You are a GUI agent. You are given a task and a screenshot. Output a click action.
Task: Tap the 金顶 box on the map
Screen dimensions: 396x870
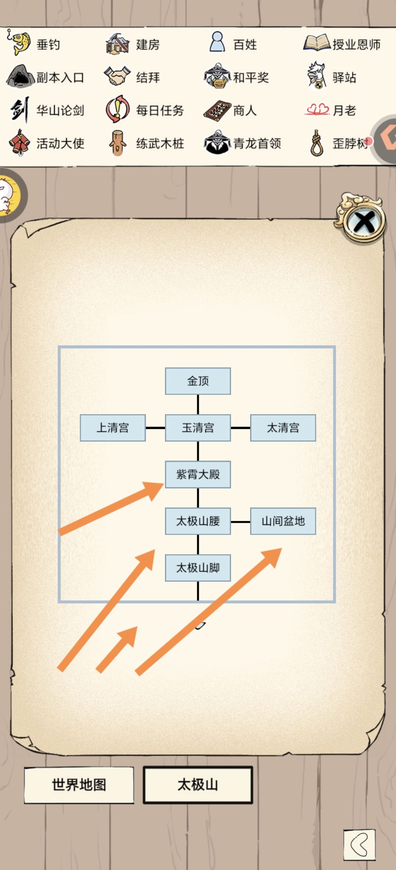pyautogui.click(x=198, y=381)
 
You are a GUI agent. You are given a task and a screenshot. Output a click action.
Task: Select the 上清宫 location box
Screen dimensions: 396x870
pyautogui.click(x=113, y=428)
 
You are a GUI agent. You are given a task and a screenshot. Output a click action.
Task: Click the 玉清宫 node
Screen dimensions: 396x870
pyautogui.click(x=198, y=428)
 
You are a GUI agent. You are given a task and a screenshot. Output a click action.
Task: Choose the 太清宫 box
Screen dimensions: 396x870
pyautogui.click(x=283, y=428)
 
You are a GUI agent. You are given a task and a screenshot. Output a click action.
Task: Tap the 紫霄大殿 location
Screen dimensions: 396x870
pyautogui.click(x=198, y=475)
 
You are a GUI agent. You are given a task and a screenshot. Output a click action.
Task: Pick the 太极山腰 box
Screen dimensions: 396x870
pyautogui.click(x=198, y=521)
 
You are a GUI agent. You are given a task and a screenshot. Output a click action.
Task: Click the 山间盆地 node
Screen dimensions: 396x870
pyautogui.click(x=283, y=521)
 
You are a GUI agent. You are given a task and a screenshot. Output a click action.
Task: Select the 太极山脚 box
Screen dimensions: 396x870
pyautogui.click(x=198, y=568)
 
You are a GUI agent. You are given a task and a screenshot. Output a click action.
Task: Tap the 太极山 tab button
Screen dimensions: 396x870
pyautogui.click(x=198, y=785)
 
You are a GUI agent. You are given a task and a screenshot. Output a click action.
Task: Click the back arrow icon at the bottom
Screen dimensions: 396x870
pyautogui.click(x=359, y=845)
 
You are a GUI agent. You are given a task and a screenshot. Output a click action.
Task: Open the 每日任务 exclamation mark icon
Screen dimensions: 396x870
pyautogui.click(x=117, y=109)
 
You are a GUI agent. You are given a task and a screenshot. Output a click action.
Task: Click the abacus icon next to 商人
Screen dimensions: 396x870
pyautogui.click(x=217, y=110)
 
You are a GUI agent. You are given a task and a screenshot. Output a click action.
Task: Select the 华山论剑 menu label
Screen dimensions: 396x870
pyautogui.click(x=60, y=110)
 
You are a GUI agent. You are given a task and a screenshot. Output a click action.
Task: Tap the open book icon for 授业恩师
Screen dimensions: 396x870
pyautogui.click(x=316, y=43)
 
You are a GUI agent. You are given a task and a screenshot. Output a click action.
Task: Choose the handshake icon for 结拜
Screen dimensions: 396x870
pyautogui.click(x=117, y=76)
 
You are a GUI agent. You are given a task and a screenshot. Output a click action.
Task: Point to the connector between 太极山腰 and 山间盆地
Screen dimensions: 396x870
pyautogui.click(x=241, y=521)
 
